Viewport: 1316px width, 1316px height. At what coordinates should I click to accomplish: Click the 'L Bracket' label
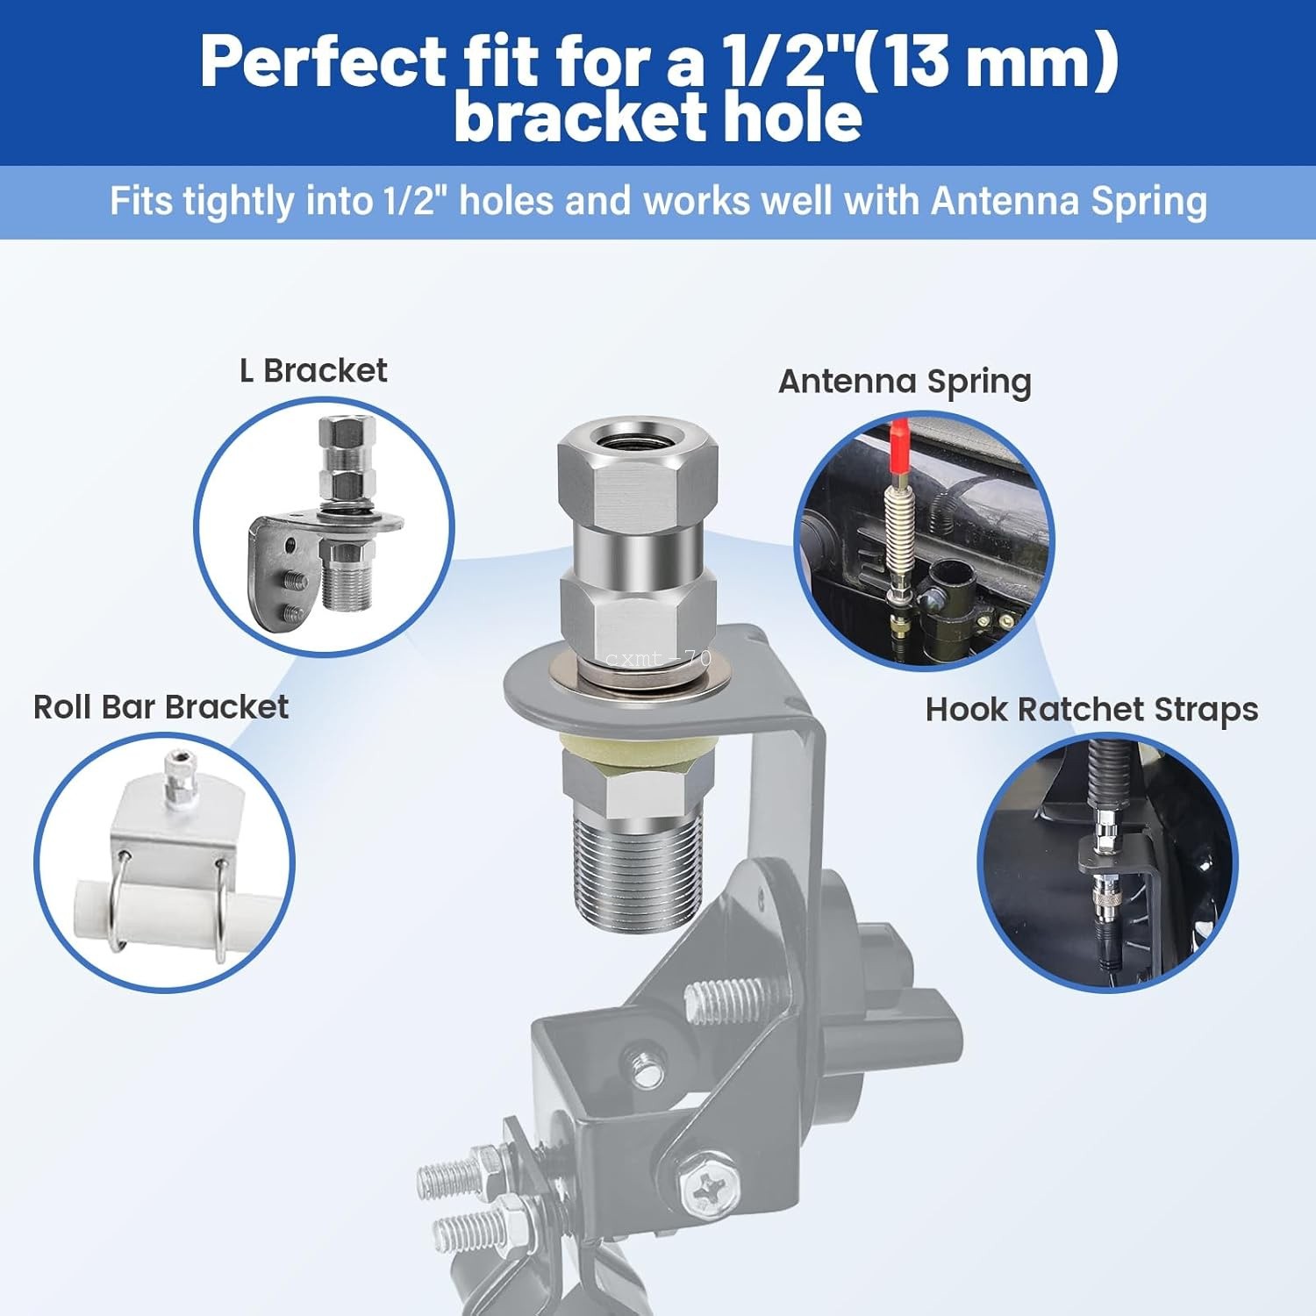coord(313,371)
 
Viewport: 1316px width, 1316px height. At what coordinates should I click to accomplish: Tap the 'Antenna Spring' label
coord(905,382)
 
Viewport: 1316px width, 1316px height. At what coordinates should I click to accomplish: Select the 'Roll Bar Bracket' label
coord(161,707)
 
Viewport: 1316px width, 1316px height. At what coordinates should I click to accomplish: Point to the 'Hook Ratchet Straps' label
coord(1091,710)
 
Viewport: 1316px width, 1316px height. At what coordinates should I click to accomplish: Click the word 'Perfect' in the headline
coord(324,62)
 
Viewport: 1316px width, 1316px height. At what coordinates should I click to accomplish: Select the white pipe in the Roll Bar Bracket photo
coord(162,912)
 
